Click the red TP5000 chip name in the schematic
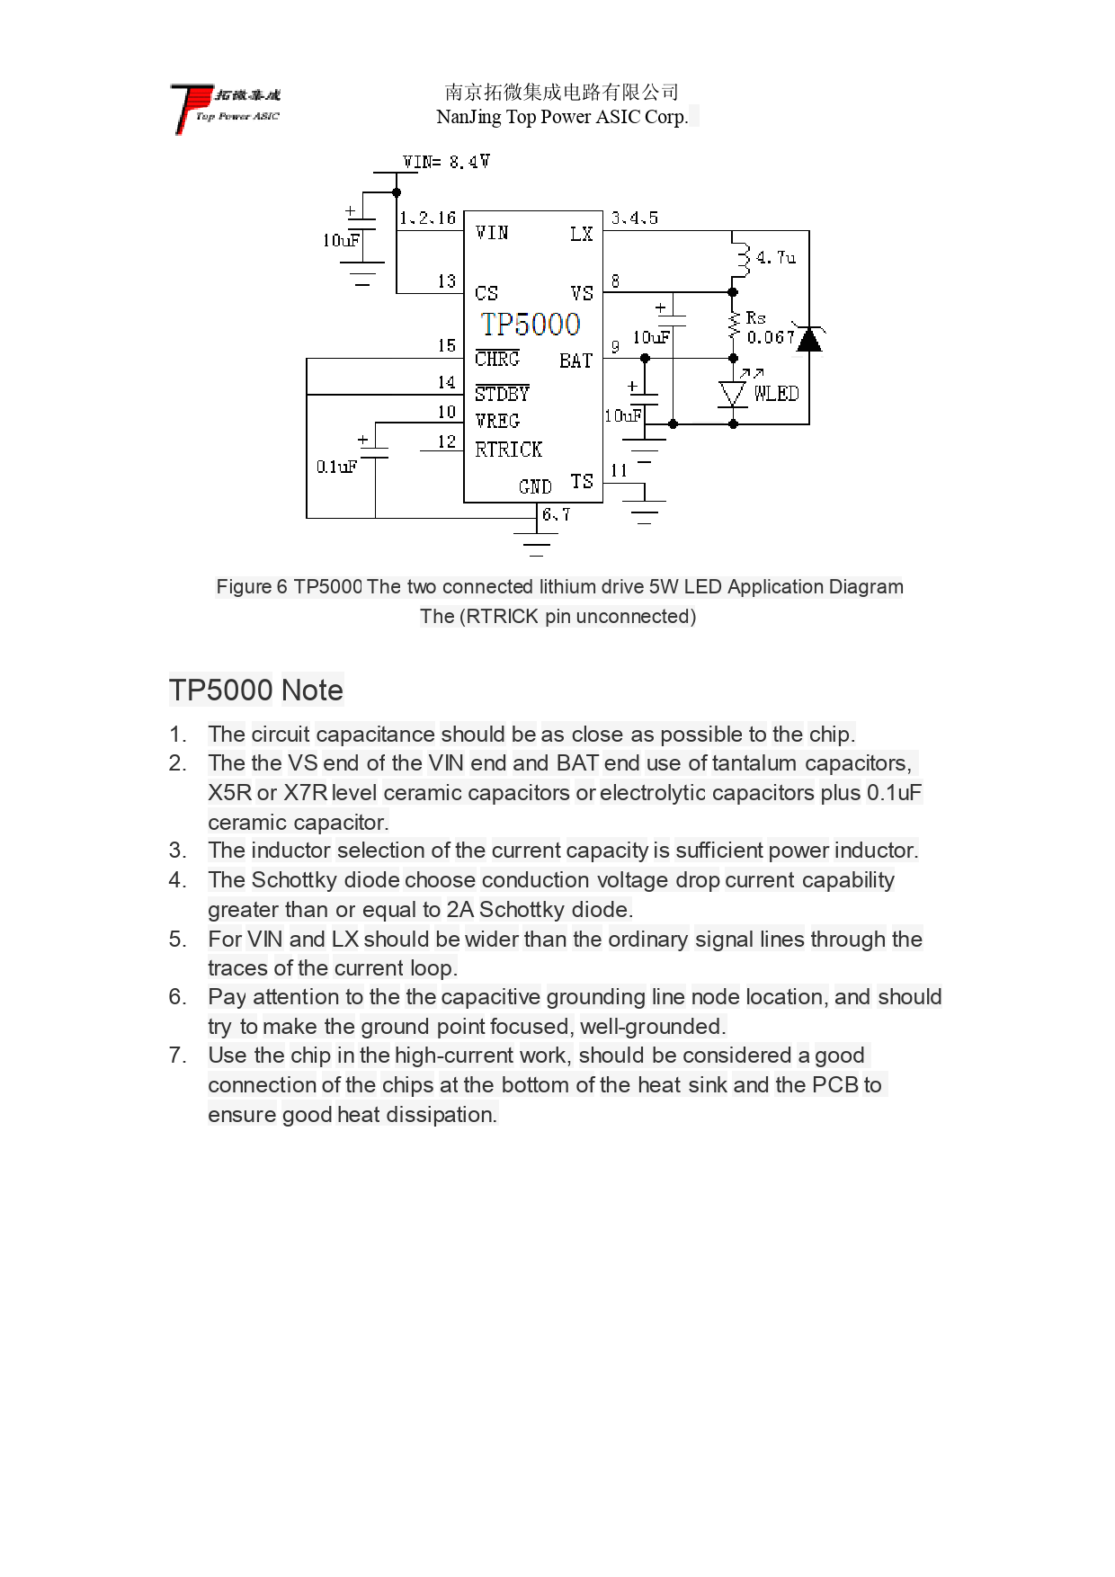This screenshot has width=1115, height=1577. tap(531, 324)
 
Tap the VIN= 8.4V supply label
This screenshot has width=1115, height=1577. tap(446, 162)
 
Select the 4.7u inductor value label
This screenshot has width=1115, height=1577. tap(776, 258)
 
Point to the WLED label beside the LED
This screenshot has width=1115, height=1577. tap(776, 394)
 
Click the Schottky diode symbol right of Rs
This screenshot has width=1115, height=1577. tap(809, 340)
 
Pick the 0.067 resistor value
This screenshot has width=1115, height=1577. tap(771, 338)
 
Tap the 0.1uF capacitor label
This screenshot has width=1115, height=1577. tap(336, 467)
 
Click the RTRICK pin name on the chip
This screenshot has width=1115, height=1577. tap(509, 450)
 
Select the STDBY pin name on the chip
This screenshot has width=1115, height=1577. tap(502, 394)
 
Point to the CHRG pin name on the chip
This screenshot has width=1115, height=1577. tap(497, 360)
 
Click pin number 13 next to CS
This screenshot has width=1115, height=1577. tap(447, 281)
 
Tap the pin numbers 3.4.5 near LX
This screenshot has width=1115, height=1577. tap(635, 218)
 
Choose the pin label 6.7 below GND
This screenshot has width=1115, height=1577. tap(556, 514)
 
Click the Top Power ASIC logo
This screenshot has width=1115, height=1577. tap(226, 107)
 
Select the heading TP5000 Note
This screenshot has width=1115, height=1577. tap(256, 690)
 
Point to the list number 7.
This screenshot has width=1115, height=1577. tap(177, 1056)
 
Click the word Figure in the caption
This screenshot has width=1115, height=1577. tap(244, 587)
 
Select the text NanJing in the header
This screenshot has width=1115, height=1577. tap(468, 117)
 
